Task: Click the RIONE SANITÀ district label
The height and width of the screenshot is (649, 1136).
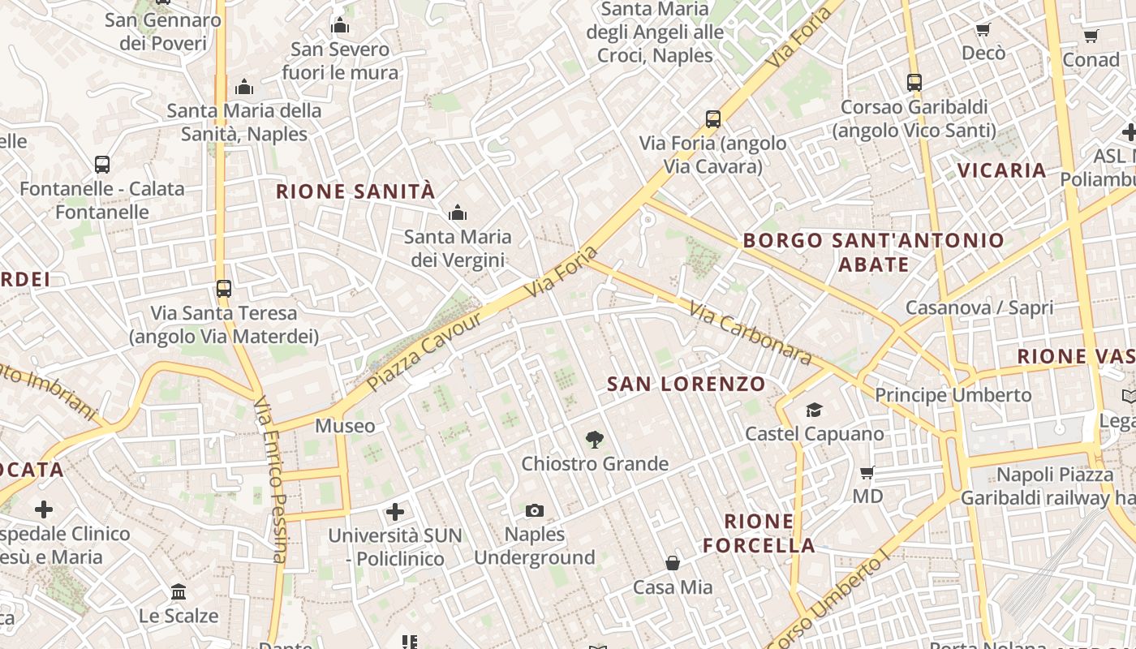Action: [355, 192]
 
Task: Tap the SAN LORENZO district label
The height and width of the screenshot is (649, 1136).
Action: [686, 384]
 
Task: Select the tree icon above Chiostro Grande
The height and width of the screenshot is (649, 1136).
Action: [594, 440]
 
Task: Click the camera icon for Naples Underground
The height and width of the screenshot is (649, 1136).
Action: [534, 510]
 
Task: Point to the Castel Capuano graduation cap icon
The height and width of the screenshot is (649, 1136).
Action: [814, 410]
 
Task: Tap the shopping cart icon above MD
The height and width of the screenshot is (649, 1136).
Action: [867, 472]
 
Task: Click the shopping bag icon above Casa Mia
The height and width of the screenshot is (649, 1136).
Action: [673, 562]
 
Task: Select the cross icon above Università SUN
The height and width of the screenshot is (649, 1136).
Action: [395, 511]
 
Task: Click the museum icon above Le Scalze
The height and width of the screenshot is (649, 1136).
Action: [179, 591]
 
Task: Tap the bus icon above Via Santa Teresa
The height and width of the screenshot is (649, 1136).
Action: [223, 288]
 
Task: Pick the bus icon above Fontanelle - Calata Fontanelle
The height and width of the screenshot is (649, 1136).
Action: [102, 165]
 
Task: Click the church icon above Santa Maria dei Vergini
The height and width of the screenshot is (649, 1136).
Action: [458, 213]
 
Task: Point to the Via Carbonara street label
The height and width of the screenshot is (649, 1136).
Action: [750, 333]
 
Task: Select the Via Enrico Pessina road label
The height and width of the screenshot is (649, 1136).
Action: [270, 479]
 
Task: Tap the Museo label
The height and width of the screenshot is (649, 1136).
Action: [345, 426]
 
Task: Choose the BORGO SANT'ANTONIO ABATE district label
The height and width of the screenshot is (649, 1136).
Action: [874, 252]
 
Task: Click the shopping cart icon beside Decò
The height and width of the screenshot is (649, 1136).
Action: [983, 30]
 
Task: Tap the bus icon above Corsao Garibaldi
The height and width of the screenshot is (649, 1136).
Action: [914, 82]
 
